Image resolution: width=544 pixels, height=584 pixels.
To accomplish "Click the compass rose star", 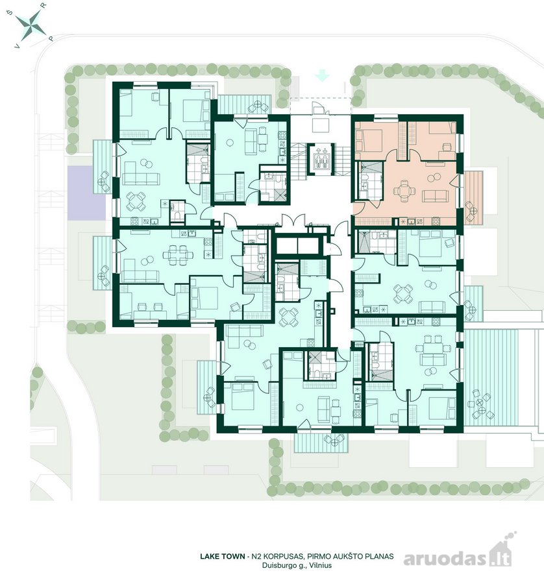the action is [31, 25].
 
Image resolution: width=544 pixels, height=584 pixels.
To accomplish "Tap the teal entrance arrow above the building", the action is [322, 77].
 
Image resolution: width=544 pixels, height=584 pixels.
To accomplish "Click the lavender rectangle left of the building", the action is [80, 193].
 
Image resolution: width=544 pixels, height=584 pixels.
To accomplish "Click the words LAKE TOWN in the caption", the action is [222, 557].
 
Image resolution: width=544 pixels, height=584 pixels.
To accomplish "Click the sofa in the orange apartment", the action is [435, 196].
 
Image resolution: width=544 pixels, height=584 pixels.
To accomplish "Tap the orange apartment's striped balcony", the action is [474, 197].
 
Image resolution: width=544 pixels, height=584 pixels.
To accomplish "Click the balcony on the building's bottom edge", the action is [321, 443].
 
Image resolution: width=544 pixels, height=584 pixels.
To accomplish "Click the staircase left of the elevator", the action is [298, 162].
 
